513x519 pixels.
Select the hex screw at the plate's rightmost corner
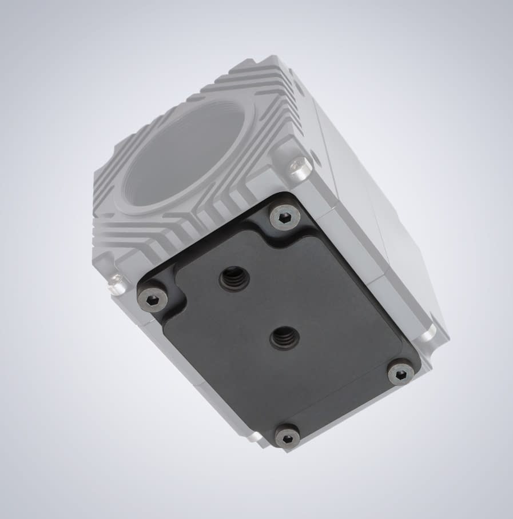tap(401, 374)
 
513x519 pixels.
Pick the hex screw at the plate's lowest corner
tap(287, 436)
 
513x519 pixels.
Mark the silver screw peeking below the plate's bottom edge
tap(259, 437)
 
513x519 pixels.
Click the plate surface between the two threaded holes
tap(259, 309)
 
